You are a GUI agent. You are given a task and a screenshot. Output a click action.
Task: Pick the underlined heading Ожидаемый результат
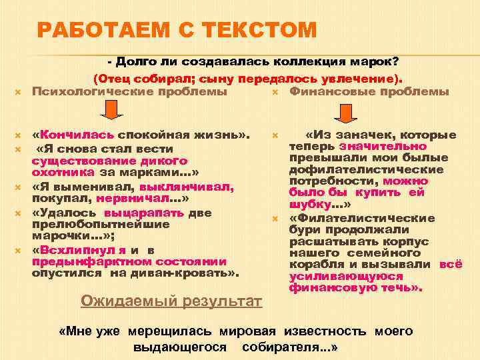coord(171,301)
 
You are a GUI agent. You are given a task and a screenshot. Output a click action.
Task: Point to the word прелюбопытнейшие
coord(100,224)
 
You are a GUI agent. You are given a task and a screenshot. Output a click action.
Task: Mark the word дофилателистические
coord(367,169)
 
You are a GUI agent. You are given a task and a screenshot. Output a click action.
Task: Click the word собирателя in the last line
coord(281,348)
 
